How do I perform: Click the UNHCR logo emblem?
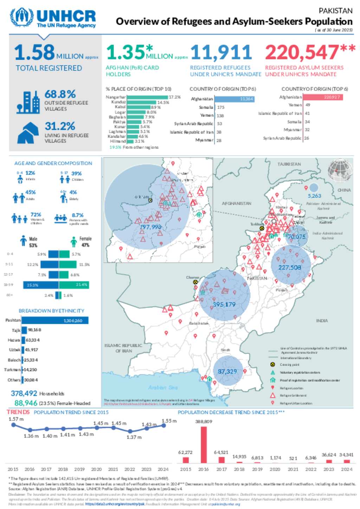22,18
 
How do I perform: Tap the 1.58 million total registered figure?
34,52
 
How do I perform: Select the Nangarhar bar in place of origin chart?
147,97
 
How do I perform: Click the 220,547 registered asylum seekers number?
302,53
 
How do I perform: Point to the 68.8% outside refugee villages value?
60,94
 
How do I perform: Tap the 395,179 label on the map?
224,304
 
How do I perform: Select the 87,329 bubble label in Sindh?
227,371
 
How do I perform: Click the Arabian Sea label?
163,387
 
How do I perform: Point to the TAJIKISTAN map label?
289,164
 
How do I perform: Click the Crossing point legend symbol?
272,365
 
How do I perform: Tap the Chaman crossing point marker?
195,282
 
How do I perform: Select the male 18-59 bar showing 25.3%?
41,285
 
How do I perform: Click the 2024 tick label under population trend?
163,469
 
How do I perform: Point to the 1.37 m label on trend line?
134,437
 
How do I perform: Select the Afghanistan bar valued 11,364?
234,99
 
